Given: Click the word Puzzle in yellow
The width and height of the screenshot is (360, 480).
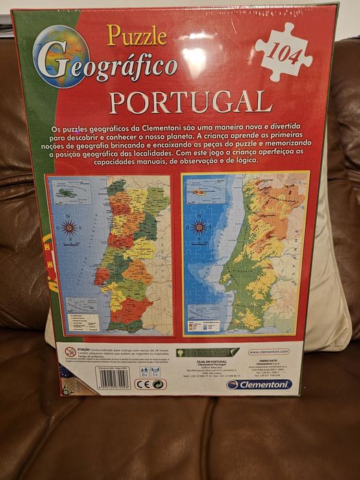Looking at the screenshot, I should click(x=136, y=35).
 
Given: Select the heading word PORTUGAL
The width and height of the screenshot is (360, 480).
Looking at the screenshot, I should click(x=190, y=101).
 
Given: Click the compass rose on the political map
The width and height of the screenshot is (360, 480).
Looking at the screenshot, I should click(x=69, y=228).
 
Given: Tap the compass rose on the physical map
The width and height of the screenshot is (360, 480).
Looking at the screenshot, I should click(x=199, y=226).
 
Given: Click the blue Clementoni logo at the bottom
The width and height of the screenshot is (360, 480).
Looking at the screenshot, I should click(x=259, y=385).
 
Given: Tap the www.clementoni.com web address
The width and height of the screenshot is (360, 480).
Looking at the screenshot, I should click(x=268, y=351).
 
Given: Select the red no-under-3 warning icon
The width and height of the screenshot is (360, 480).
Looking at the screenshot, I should click(x=70, y=352).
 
